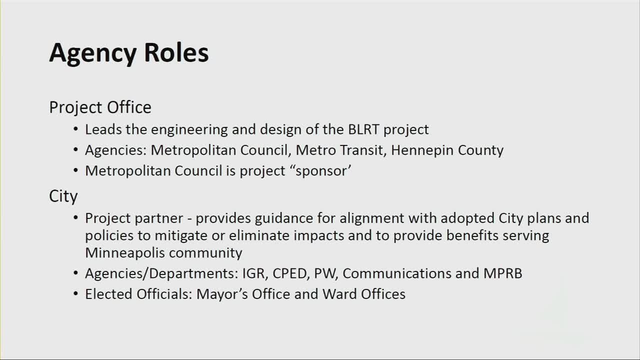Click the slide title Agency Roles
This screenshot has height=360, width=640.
[129, 52]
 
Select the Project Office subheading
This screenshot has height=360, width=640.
[100, 107]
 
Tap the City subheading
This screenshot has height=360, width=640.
[63, 195]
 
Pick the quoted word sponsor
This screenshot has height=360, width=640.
[323, 171]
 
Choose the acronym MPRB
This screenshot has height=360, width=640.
[502, 273]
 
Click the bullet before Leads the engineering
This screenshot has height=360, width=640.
[75, 130]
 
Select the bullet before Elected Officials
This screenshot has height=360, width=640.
[75, 294]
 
